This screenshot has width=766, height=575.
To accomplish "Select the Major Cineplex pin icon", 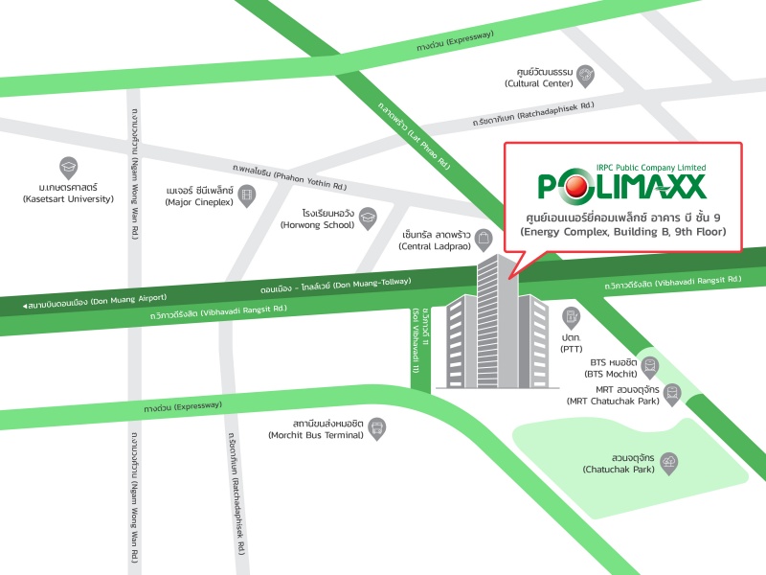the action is (x=248, y=195).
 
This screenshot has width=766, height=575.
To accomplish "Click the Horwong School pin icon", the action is (x=367, y=218).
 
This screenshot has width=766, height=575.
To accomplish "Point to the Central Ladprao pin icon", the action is (x=484, y=238).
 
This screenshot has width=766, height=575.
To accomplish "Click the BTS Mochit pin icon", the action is (x=652, y=365).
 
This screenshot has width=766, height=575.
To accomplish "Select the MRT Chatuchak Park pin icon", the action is (x=673, y=393).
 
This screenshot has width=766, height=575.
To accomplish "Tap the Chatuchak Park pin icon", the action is (x=667, y=462).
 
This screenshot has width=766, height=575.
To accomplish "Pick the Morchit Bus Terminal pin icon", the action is (x=378, y=427).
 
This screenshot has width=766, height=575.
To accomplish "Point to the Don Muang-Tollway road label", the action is (x=335, y=285).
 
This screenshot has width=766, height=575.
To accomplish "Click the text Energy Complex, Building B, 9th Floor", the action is (x=622, y=232).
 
